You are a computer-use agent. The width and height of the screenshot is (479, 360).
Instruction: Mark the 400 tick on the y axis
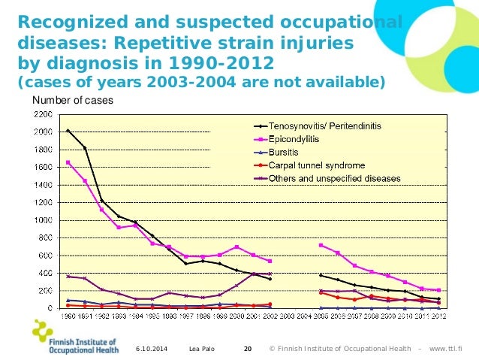click(43, 273)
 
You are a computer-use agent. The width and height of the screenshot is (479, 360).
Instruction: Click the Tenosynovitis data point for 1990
click(68, 131)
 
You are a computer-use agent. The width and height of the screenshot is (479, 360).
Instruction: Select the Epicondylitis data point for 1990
click(68, 162)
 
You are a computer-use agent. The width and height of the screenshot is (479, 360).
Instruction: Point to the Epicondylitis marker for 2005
click(321, 245)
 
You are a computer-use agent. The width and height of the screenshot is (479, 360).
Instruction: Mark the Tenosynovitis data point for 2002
click(270, 279)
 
